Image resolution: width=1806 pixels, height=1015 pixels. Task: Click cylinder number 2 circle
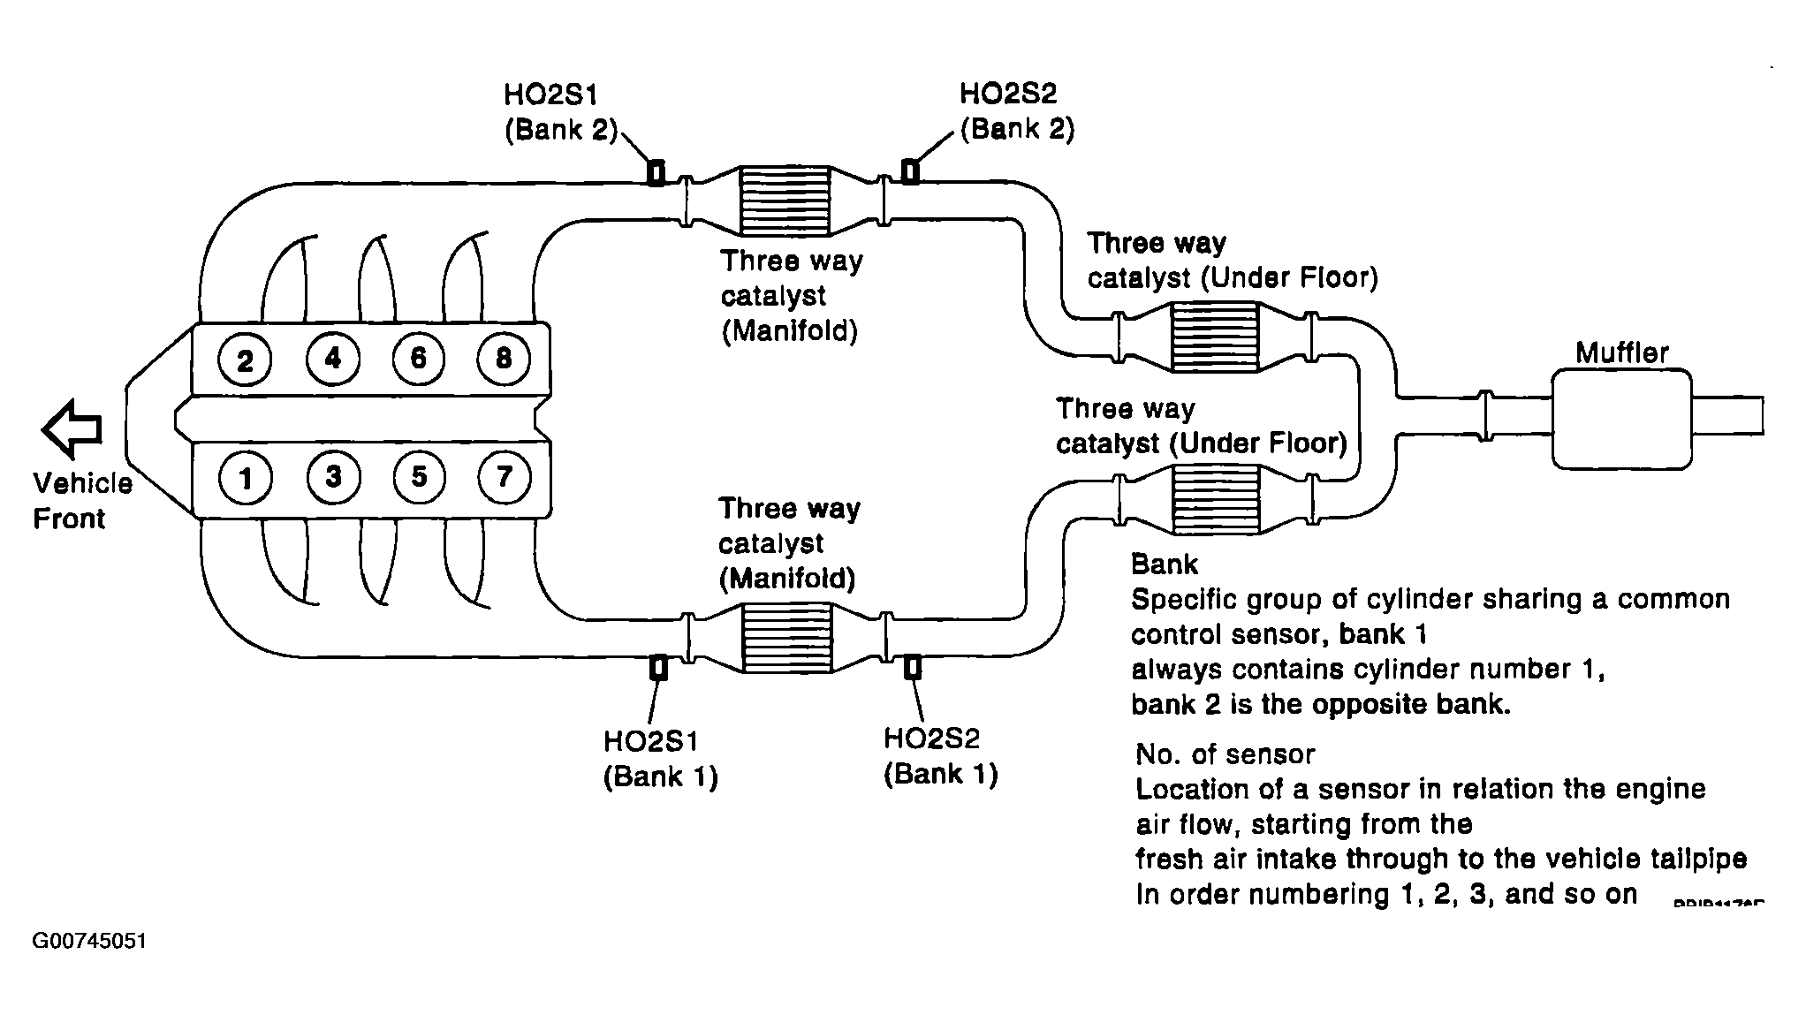pos(245,360)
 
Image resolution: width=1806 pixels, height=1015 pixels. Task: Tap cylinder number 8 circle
pos(503,358)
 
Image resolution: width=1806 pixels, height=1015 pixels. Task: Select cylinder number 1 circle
pos(245,478)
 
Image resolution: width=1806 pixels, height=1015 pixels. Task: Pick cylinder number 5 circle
pos(418,477)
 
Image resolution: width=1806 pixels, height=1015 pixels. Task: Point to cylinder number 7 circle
pos(503,477)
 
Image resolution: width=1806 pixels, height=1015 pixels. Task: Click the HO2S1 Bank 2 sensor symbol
pos(656,173)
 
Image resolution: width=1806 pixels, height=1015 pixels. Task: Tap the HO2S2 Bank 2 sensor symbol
pos(909,171)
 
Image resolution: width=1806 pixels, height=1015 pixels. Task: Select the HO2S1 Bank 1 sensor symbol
pos(658,668)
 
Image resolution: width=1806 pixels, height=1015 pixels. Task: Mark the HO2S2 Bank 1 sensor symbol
pos(912,667)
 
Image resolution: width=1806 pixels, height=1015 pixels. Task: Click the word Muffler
pos(1622,353)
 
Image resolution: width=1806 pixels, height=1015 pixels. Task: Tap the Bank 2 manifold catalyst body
pos(784,201)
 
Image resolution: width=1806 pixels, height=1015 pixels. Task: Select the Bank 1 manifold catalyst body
pos(785,639)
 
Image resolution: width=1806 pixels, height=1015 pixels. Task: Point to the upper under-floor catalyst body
pos(1213,337)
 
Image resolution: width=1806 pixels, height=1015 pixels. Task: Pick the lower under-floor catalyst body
pos(1213,501)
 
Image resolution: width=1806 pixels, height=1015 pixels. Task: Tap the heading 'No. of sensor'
pos(1225,754)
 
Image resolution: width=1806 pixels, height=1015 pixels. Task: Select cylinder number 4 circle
pos(332,358)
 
